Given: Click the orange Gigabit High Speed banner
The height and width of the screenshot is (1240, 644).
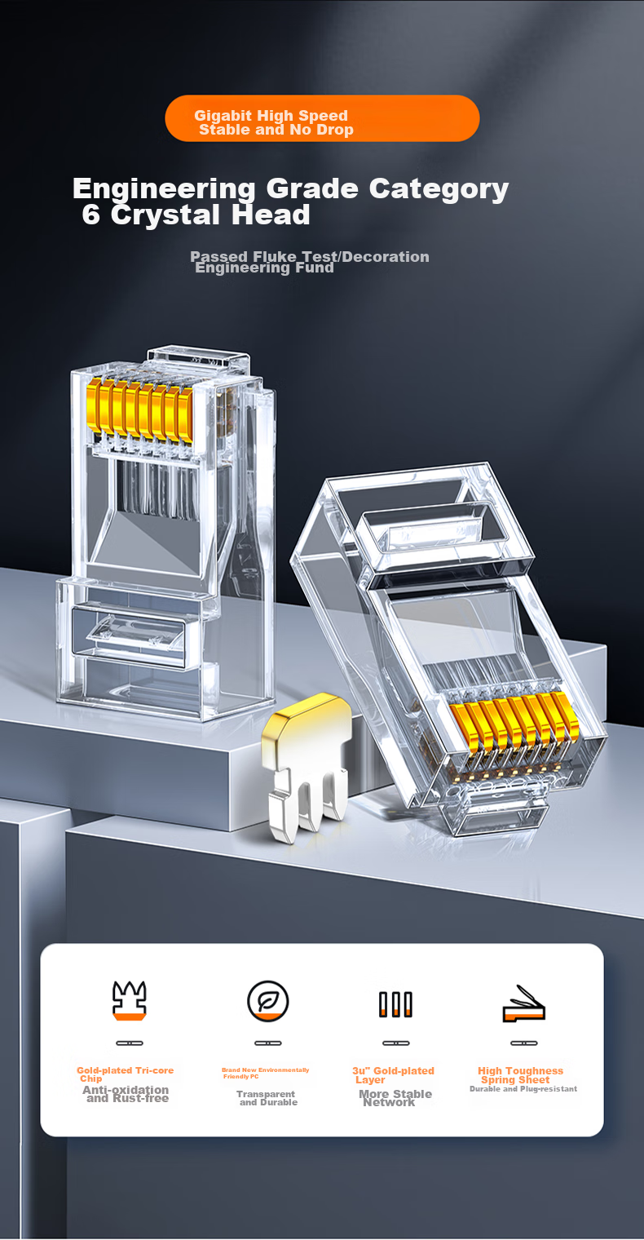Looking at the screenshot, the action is pyautogui.click(x=322, y=118).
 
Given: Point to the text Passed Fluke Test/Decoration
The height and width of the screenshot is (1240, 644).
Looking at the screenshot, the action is pyautogui.click(x=310, y=256).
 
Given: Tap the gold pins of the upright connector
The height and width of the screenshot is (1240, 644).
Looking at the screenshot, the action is pyautogui.click(x=140, y=411).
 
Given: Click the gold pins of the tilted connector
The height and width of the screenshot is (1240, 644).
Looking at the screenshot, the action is pyautogui.click(x=514, y=724).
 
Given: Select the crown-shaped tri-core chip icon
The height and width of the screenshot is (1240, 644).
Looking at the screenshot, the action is pyautogui.click(x=130, y=1000).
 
